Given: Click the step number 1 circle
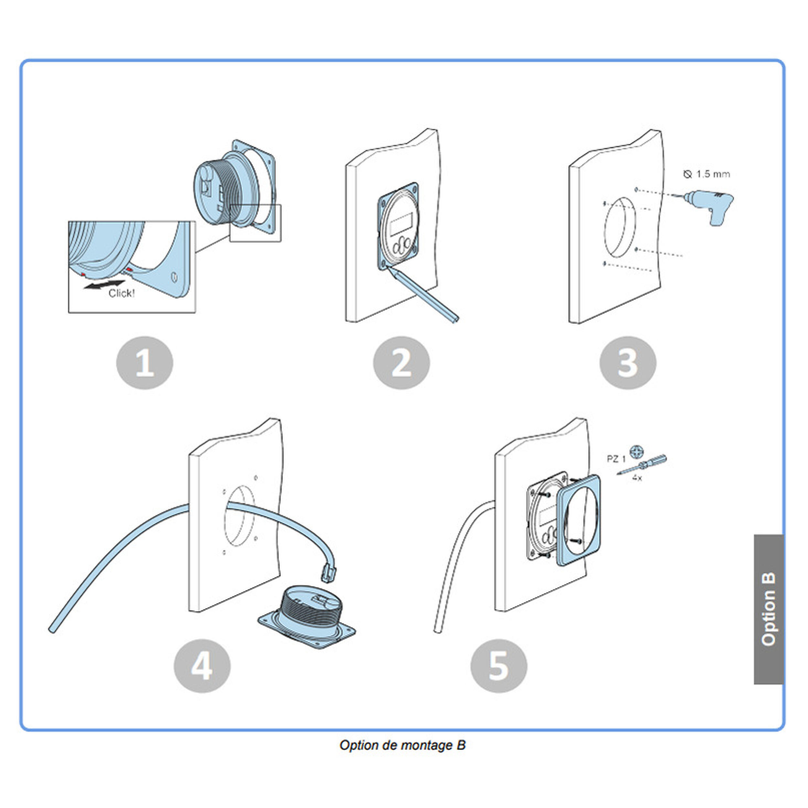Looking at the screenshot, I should point(145,363).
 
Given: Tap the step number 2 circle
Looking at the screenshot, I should point(401,363).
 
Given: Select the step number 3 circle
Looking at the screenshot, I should point(627,363).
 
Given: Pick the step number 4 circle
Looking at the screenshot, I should point(202,666).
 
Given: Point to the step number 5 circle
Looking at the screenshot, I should point(498,666).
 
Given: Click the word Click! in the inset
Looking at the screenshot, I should point(121,293).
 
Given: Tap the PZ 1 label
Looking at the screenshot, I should point(616,459).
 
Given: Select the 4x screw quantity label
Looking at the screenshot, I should point(636,478).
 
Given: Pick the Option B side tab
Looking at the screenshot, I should point(768,609).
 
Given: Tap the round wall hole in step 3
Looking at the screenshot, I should point(620,228).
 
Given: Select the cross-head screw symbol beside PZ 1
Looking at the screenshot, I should point(636,451).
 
